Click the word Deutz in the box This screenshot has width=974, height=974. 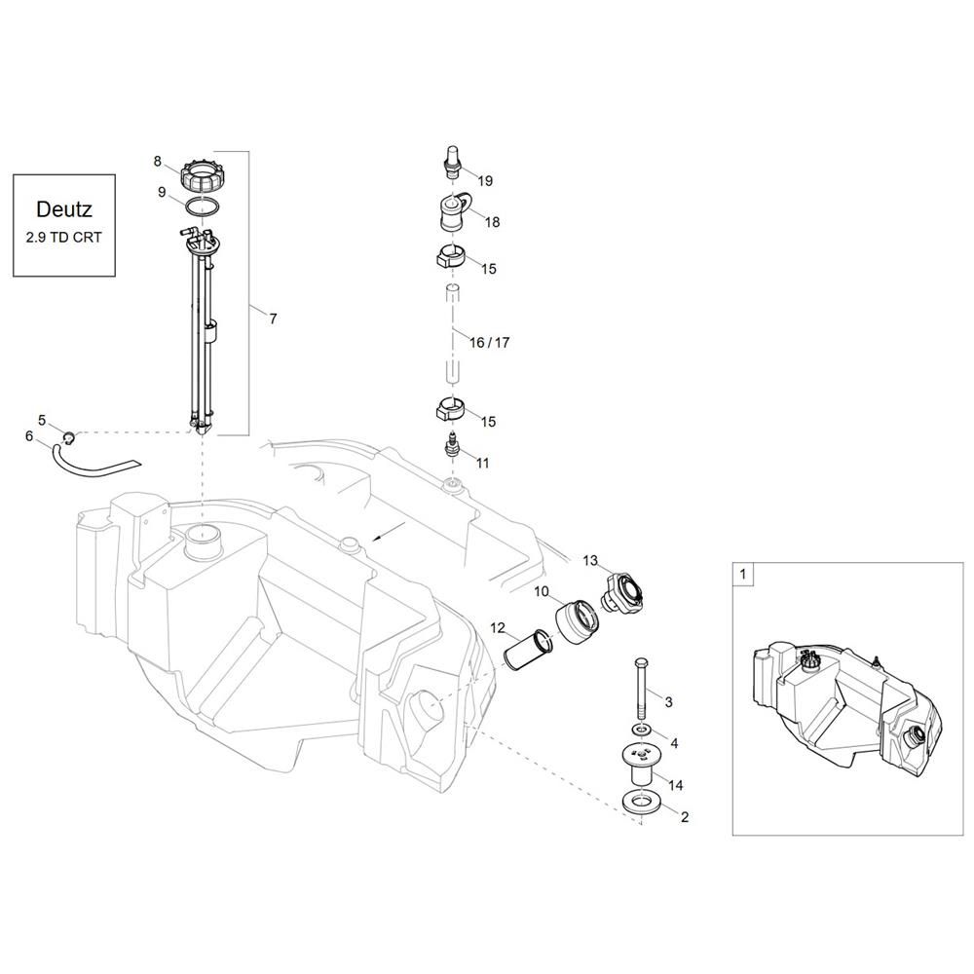64,208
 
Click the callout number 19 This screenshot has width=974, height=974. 485,181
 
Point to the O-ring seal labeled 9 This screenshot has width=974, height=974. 202,206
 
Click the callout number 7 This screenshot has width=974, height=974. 273,318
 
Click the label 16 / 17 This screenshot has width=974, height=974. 489,342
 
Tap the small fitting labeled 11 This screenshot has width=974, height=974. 453,444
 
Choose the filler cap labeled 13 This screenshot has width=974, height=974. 621,592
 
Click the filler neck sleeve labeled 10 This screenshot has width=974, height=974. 576,619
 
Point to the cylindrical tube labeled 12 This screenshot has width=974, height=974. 527,650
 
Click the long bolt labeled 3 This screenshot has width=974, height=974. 641,688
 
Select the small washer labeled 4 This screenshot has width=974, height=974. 641,728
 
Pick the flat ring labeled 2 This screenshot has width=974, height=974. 642,802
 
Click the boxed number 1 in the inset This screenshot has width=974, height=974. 743,575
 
